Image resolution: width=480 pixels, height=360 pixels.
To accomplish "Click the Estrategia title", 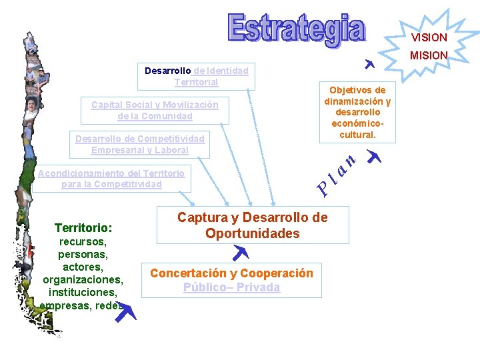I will click(x=297, y=30).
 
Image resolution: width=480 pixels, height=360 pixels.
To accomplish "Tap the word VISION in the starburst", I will click(x=429, y=37).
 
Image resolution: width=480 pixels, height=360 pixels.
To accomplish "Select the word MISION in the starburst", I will click(x=429, y=55).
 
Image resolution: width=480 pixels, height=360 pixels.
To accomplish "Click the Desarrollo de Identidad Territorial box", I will click(x=196, y=76).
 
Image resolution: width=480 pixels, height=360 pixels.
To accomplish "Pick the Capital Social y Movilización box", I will click(x=155, y=110).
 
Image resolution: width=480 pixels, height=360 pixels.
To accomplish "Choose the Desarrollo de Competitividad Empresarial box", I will click(x=139, y=144).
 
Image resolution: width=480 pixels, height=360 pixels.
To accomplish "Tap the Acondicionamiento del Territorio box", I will click(x=111, y=178).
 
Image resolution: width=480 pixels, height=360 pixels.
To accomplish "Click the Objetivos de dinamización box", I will click(x=357, y=112).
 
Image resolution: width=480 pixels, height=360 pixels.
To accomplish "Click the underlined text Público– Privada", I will click(x=232, y=287).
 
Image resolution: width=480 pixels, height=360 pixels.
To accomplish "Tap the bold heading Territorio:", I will click(x=83, y=227).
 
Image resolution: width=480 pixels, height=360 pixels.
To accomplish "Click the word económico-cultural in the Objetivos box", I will click(x=357, y=129).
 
